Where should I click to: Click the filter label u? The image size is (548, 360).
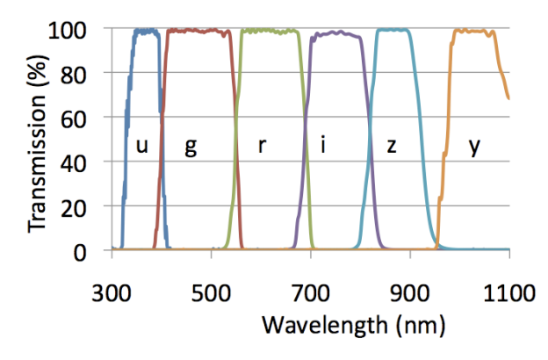coord(141,147)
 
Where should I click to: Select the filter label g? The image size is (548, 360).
coord(190,147)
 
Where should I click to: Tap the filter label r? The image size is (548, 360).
coord(262,147)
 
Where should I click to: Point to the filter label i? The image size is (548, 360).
coord(323,147)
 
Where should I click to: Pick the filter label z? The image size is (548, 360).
coord(392,147)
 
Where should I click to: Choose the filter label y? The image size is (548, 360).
coord(474,147)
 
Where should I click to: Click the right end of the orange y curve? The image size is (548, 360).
coord(508,98)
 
